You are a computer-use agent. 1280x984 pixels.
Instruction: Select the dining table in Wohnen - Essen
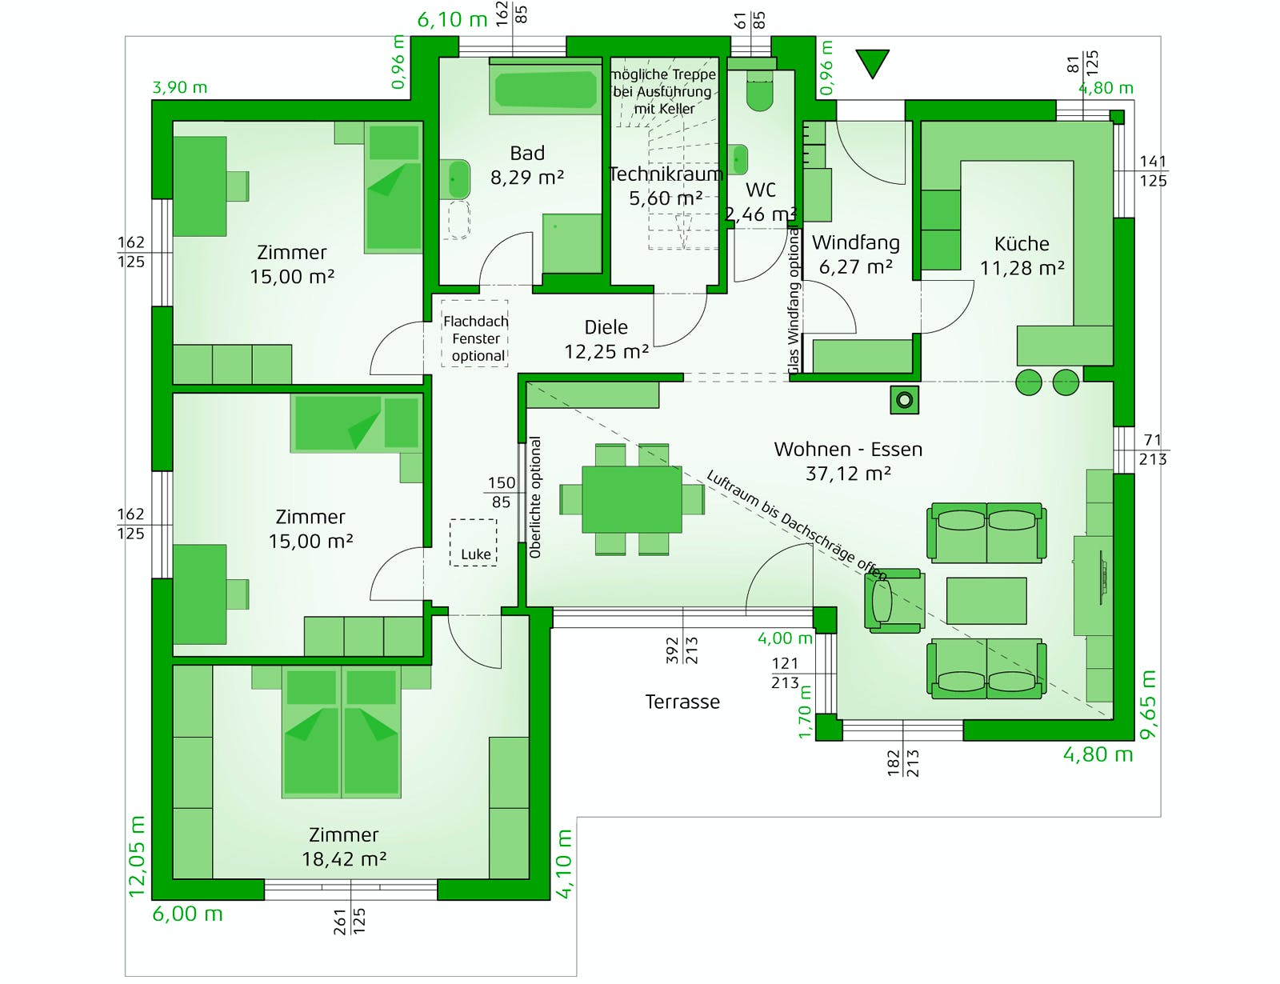click(x=631, y=499)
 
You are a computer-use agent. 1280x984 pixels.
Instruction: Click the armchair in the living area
click(x=894, y=601)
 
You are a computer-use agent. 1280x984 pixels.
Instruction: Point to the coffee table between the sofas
click(x=986, y=600)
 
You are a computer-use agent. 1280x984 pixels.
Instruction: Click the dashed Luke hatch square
click(x=473, y=542)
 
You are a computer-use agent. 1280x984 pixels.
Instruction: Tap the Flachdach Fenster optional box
click(x=474, y=334)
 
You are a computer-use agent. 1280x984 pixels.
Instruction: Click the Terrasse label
click(x=682, y=702)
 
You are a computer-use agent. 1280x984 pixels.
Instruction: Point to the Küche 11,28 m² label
click(x=1022, y=255)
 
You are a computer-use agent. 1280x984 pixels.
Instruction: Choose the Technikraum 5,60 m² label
click(x=666, y=186)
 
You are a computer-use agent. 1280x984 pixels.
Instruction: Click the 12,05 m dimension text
click(x=137, y=856)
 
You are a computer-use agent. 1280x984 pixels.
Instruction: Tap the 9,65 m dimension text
click(x=1147, y=704)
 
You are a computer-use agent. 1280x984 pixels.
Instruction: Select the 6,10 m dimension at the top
click(x=452, y=19)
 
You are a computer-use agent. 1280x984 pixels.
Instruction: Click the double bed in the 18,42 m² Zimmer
click(x=341, y=732)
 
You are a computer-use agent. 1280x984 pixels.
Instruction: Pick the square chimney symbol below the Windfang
click(x=904, y=401)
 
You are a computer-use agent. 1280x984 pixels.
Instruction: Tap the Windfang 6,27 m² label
click(x=855, y=254)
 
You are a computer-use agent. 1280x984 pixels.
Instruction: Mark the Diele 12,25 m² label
click(x=606, y=339)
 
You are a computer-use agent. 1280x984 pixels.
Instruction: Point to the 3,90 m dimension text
click(x=180, y=88)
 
